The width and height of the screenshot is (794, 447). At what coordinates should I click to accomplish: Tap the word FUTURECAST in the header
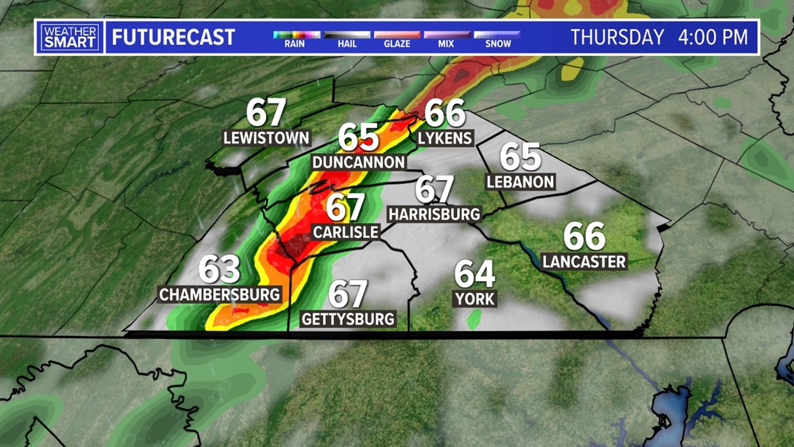pos(173,37)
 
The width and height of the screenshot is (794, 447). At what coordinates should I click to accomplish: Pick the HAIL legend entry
pos(346,34)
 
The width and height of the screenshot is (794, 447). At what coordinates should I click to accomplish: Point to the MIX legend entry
pos(446,34)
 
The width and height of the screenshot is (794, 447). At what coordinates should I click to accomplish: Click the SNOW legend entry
pos(497,34)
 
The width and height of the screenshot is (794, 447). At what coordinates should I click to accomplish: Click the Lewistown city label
pos(266,137)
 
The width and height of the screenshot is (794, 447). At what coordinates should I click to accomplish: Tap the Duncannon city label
pos(359,162)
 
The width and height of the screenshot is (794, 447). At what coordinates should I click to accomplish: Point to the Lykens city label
pos(445,138)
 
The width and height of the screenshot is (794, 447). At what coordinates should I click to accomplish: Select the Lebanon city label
pos(521,182)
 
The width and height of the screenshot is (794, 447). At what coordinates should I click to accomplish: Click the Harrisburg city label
pos(435,213)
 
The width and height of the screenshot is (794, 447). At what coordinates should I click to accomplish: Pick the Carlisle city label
pos(346,232)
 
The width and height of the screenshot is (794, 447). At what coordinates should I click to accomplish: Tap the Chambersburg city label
pos(220,294)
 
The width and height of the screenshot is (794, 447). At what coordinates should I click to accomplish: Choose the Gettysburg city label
pos(348,319)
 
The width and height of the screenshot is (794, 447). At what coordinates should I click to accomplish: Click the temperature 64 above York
pos(475,273)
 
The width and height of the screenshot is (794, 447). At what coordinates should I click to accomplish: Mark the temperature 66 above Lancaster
pos(584,236)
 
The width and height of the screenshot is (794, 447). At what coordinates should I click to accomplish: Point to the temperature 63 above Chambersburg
pos(220,270)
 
